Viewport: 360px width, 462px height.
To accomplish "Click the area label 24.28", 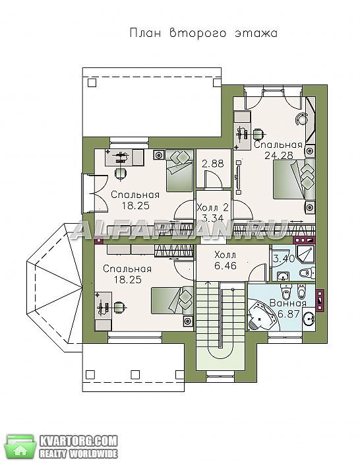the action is pos(279,155).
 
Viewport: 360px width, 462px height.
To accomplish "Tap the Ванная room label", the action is pos(288,303).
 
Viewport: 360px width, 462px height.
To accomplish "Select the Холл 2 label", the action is pos(212,208).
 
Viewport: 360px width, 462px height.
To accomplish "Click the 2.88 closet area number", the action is pos(213,164).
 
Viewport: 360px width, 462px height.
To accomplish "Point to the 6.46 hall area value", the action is pos(225,266).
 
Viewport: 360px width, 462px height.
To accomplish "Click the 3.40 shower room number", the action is pos(284,259).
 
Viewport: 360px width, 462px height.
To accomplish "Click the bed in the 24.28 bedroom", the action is pos(294,179).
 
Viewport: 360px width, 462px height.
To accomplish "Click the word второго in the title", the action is pos(198,33).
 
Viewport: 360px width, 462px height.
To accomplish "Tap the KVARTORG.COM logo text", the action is pos(78,442).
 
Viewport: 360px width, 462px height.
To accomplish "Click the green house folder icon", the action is pos(20,445).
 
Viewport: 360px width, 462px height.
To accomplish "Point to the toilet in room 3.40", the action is pos(307,273).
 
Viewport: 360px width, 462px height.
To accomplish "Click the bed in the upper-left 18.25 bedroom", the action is pos(179,170).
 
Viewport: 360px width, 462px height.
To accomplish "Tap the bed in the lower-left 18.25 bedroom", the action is pos(172,300).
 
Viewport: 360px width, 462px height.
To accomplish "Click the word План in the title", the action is pos(146,33).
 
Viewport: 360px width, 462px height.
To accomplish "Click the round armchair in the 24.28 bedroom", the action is pos(301,118).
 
